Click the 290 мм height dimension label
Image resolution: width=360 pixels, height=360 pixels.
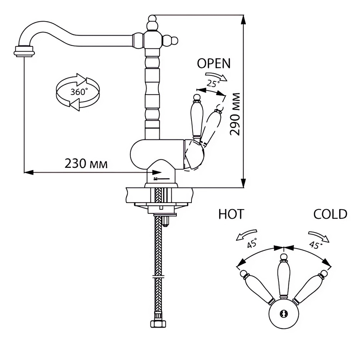point(235,114)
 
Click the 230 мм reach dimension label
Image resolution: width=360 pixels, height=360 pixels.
point(86,164)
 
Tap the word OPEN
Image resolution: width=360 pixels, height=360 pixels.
point(214,63)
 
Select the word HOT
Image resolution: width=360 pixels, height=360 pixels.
point(231,214)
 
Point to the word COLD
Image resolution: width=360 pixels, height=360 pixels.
point(330,214)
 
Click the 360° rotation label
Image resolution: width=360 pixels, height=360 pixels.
point(79,92)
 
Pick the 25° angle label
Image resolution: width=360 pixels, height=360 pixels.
point(213,83)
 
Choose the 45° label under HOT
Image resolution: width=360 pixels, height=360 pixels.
point(252,243)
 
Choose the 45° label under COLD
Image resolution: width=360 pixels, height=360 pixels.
point(315,244)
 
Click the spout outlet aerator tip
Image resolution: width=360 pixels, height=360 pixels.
point(24,51)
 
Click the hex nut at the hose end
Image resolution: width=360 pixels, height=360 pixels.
point(158,324)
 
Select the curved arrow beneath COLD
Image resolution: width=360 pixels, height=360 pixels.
point(319,237)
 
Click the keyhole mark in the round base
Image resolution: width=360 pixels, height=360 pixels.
point(284,313)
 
